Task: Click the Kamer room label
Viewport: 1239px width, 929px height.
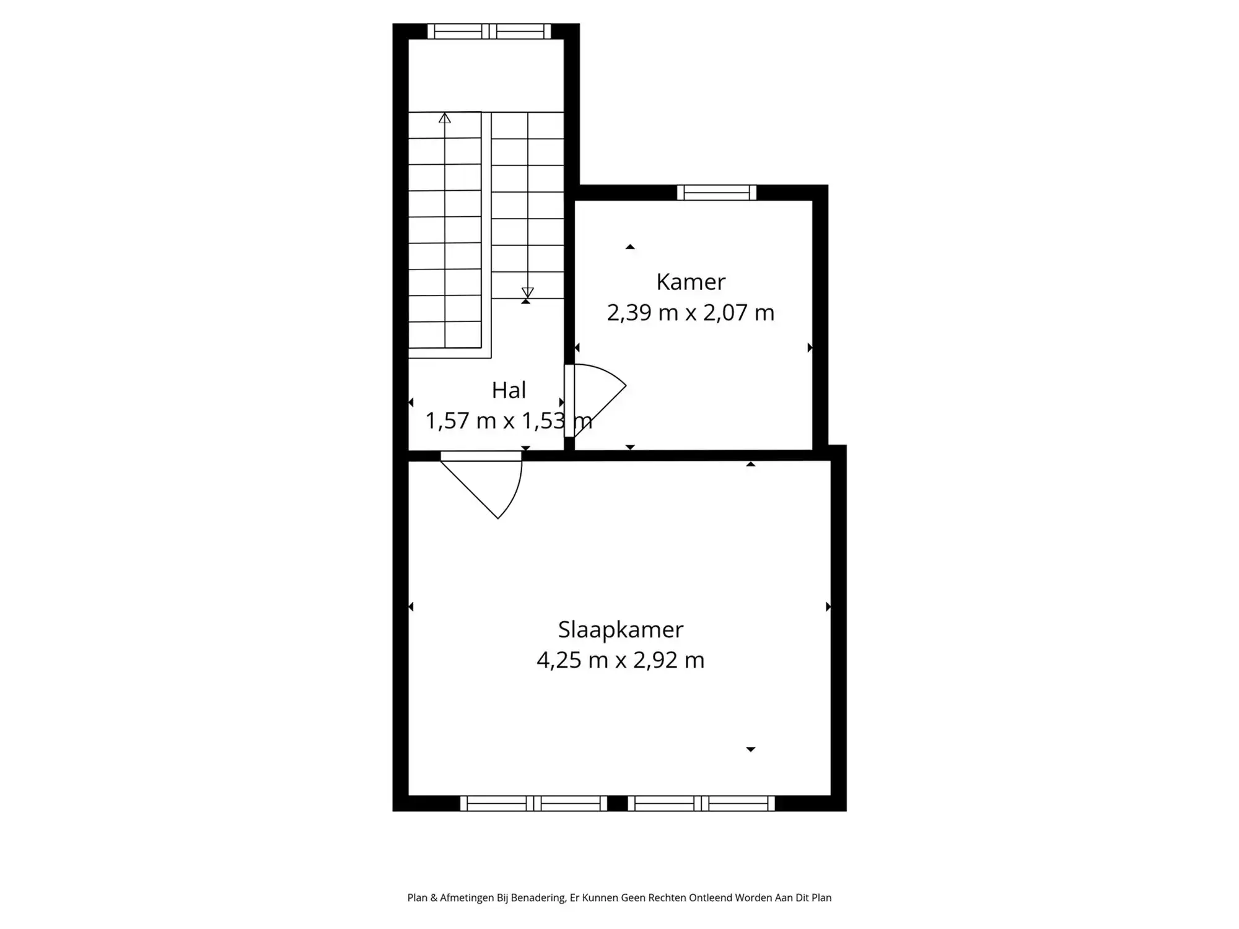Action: point(691,282)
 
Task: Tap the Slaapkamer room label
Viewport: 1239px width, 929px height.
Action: point(621,630)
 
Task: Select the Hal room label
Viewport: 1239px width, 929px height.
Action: point(509,390)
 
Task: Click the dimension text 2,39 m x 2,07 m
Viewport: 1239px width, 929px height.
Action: point(691,313)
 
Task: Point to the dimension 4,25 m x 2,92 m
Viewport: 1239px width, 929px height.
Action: point(621,660)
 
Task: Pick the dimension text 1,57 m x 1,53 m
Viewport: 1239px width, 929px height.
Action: point(509,421)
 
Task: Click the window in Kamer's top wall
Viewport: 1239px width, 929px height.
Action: point(717,193)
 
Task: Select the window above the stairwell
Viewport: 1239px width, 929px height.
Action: point(489,31)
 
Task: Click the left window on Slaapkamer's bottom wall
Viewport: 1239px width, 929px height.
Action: point(533,803)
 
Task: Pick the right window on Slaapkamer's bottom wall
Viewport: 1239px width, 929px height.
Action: point(701,803)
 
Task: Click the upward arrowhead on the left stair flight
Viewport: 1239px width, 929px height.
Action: point(445,118)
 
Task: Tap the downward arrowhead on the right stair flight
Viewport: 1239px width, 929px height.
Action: point(527,292)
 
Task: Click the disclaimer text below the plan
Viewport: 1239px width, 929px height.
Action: point(619,897)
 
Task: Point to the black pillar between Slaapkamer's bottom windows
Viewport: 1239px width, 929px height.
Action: point(618,803)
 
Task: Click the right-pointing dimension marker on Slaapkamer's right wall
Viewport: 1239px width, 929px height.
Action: point(828,607)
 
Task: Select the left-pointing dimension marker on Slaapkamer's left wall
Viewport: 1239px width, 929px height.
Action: point(411,607)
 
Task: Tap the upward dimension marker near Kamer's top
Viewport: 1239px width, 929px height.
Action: point(630,247)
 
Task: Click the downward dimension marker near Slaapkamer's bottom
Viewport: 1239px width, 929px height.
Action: point(751,749)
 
